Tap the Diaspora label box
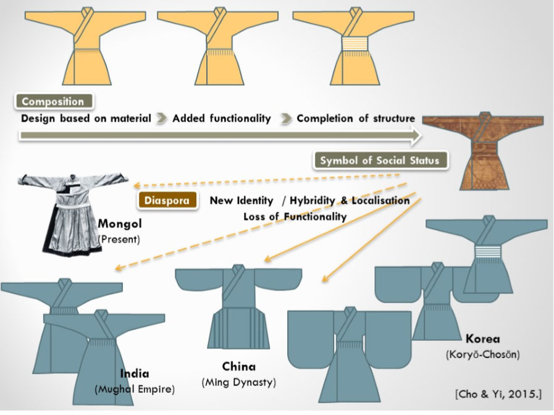coord(164,201)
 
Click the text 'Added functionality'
coord(221,119)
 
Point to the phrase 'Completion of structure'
coord(355,119)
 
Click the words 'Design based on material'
coord(86,119)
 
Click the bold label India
coord(135,374)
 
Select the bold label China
coord(238,366)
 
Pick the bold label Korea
coord(484,338)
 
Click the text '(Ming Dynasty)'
coord(238,382)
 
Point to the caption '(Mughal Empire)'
coord(135,390)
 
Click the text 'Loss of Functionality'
coord(295,217)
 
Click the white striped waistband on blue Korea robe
coord(486,253)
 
